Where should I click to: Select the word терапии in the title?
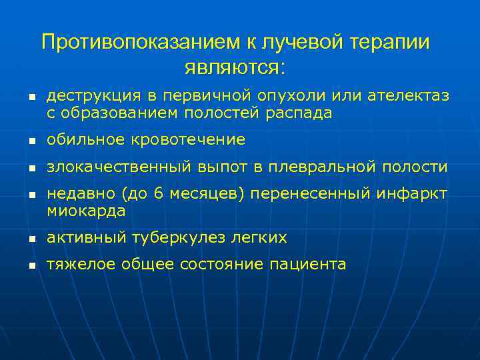point(389,43)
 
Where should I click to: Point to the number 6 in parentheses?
point(157,194)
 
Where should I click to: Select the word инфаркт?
point(413,194)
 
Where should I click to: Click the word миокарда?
point(86,211)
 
